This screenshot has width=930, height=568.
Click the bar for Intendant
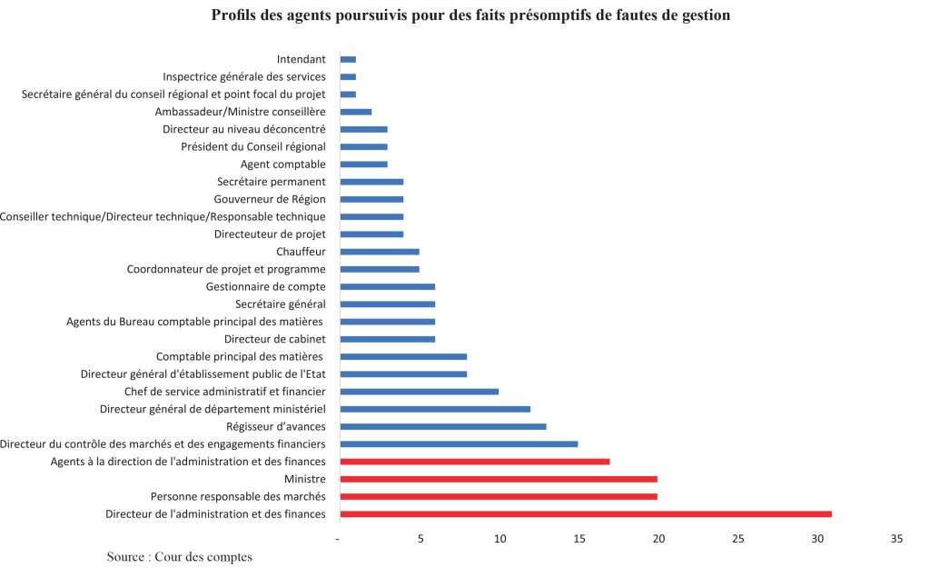(x=348, y=59)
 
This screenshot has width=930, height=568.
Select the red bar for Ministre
(x=499, y=479)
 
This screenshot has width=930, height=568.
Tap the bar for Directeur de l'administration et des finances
(x=586, y=514)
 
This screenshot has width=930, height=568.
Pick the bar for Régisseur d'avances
(x=443, y=426)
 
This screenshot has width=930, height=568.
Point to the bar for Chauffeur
(x=380, y=252)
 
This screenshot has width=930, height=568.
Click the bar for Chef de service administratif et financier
(x=420, y=392)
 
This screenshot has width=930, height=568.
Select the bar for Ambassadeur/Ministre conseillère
(x=356, y=112)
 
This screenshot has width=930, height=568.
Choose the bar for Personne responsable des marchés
(x=499, y=496)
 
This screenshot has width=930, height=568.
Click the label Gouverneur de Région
(x=270, y=199)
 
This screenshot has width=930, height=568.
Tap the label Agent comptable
(x=282, y=164)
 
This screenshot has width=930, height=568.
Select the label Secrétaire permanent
(x=271, y=182)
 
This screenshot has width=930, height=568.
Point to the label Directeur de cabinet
(x=275, y=339)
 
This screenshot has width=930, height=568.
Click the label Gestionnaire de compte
(x=265, y=286)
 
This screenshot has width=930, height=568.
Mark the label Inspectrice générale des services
(x=244, y=76)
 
